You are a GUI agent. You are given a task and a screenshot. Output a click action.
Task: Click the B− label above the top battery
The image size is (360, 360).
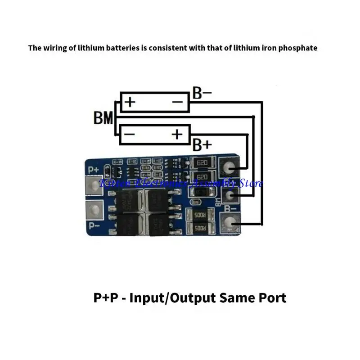(x=202, y=93)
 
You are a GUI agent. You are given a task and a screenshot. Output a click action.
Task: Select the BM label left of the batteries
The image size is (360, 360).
(x=103, y=118)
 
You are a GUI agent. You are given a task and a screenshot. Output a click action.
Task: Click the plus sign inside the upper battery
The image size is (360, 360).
(x=130, y=102)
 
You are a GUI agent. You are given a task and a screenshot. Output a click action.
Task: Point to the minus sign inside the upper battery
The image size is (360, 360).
(x=178, y=102)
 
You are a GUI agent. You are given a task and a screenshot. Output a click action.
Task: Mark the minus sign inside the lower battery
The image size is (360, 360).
(x=129, y=134)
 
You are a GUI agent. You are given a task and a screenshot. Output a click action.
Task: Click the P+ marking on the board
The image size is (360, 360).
(x=94, y=170)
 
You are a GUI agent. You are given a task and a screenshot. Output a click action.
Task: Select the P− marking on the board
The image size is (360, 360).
(x=94, y=225)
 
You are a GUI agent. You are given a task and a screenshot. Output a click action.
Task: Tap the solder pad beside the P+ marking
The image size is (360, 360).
(x=94, y=184)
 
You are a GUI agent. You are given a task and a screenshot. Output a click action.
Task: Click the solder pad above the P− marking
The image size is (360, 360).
(x=94, y=209)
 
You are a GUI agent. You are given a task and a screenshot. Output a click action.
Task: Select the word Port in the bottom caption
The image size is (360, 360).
(x=268, y=297)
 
